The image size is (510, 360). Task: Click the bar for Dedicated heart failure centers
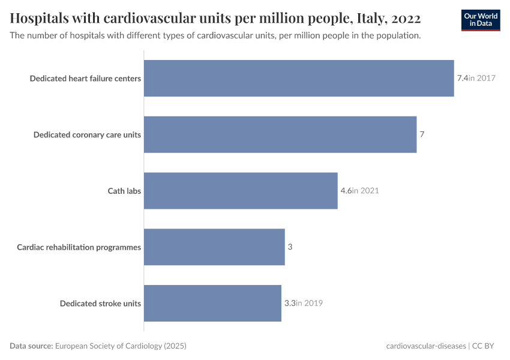click(x=299, y=78)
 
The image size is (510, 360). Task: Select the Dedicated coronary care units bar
click(x=280, y=134)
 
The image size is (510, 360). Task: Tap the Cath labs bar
click(x=241, y=191)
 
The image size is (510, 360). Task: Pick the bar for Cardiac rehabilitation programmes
click(x=214, y=247)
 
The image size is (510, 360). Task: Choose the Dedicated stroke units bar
click(x=212, y=303)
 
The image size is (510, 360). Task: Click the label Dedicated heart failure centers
click(x=85, y=78)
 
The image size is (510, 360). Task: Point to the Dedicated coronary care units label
click(x=87, y=134)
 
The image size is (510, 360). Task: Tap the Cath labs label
click(x=124, y=191)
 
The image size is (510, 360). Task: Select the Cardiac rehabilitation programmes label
click(x=79, y=247)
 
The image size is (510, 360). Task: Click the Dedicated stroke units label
click(x=100, y=303)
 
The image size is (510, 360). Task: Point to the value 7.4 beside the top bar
click(x=462, y=78)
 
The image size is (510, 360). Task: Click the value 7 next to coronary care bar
click(x=422, y=134)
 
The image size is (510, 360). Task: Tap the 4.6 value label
click(x=346, y=191)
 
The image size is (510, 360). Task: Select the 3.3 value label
click(x=289, y=303)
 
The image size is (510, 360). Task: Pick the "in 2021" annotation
click(x=365, y=191)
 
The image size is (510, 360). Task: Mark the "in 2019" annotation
click(x=310, y=303)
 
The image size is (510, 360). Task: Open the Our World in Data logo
click(x=481, y=20)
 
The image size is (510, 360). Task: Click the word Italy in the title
click(x=362, y=16)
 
